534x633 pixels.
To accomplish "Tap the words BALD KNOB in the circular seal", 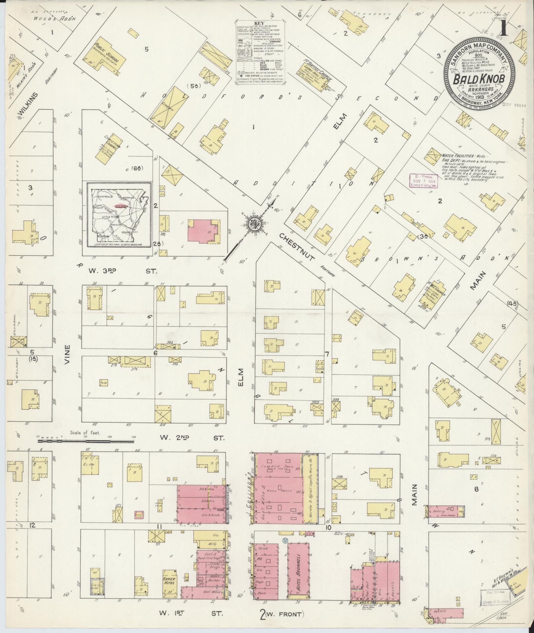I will click(x=479, y=79).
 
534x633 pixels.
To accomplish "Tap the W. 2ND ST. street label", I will click(x=192, y=438).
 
